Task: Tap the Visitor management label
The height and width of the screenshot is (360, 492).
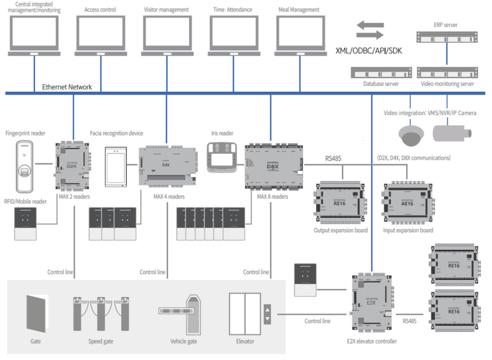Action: point(166,10)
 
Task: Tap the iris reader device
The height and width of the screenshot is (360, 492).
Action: point(222,157)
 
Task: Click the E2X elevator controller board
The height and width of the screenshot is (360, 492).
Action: point(371,307)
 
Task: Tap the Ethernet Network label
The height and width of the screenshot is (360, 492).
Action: point(67,87)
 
